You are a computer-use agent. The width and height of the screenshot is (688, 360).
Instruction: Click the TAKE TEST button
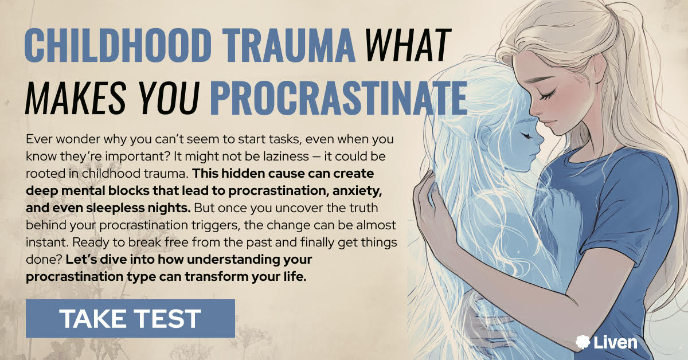coord(130,319)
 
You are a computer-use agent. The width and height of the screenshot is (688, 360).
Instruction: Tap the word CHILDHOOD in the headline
coord(118,45)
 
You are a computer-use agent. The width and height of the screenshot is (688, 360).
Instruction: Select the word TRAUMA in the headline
coord(288,45)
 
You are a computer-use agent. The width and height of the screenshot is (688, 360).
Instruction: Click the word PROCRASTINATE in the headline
coord(338,97)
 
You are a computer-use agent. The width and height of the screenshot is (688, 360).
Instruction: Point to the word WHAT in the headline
coord(408,45)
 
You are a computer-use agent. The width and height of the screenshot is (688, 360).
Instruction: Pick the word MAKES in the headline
coord(76,97)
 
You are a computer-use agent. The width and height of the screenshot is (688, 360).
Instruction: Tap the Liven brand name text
coord(615,342)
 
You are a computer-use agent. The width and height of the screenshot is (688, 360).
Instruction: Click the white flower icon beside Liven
coord(583,342)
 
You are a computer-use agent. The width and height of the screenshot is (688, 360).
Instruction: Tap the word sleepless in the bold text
coord(115,208)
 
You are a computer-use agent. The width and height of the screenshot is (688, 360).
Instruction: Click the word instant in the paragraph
coord(46,242)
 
